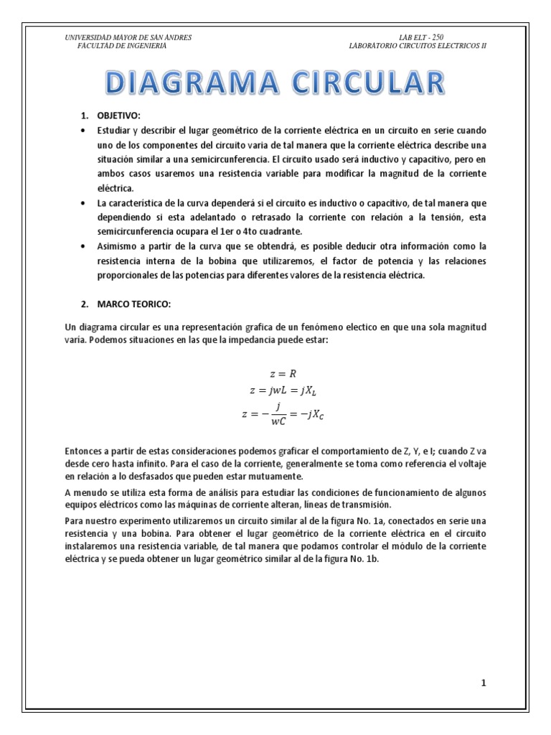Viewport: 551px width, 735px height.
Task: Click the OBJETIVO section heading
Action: coord(123,116)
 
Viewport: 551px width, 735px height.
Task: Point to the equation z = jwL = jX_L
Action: coord(281,390)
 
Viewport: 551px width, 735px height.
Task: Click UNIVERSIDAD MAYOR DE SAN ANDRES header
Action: coord(128,37)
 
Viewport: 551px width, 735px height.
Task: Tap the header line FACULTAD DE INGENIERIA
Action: coord(122,45)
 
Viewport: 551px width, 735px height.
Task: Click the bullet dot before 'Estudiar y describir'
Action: coord(83,130)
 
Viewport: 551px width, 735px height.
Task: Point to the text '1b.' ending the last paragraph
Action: coord(370,561)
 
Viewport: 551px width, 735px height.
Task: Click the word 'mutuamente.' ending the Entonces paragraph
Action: coord(272,476)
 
